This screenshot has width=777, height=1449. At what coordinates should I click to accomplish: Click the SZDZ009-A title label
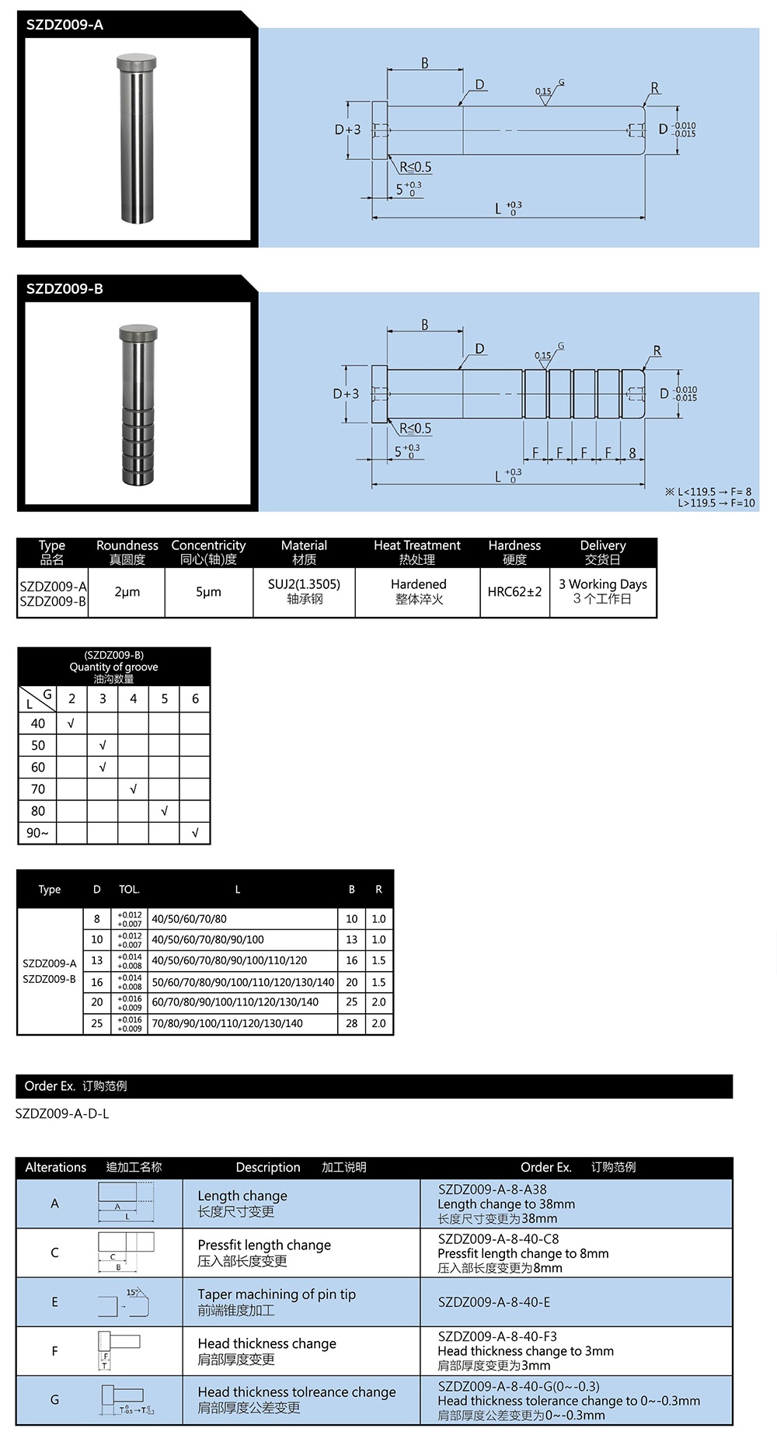coord(64,25)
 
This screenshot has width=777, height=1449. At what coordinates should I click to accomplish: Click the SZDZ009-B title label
coord(64,289)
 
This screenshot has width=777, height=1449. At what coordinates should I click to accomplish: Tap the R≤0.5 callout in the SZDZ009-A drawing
coord(416,167)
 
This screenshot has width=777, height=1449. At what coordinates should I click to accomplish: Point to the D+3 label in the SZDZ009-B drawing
coord(347,394)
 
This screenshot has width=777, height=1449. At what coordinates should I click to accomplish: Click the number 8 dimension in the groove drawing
coord(632,452)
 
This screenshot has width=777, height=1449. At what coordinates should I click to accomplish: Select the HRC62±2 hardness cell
coord(514,592)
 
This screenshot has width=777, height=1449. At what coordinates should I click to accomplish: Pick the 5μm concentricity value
coord(208,592)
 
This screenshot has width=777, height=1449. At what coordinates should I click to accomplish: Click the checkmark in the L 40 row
coord(71,723)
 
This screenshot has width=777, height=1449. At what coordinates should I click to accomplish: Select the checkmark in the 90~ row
coord(195,833)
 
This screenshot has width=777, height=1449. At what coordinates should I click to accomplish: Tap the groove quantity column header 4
coord(134,698)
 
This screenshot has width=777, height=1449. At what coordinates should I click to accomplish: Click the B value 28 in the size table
coord(352,1023)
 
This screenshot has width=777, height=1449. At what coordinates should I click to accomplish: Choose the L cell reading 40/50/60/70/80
coord(190,918)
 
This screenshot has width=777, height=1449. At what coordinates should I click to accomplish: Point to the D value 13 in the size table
coord(97,960)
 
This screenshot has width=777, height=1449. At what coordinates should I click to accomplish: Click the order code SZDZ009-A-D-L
coord(62,1113)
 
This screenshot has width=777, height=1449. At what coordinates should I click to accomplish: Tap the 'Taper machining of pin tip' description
coord(277,1294)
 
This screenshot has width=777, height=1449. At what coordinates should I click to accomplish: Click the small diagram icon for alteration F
coord(120,1350)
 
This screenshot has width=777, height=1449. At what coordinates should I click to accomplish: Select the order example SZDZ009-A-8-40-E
coord(494,1302)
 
